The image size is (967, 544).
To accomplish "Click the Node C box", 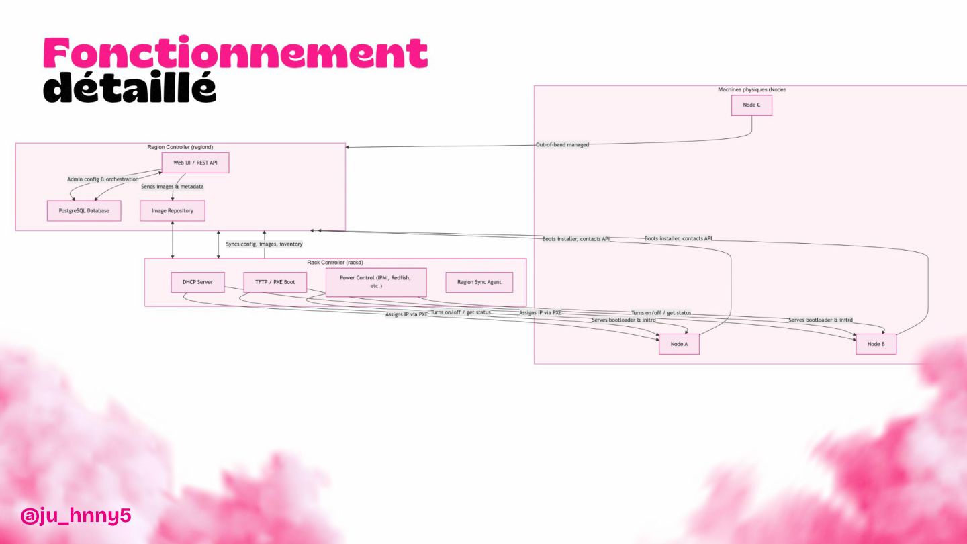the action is pos(751,105).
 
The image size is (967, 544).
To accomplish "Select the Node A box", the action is pos(679,344).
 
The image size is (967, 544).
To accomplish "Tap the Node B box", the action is pos(876,344).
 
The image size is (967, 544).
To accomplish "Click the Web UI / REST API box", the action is pos(195,163).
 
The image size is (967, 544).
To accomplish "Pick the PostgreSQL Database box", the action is pos(84,211).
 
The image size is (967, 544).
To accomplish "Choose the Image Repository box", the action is pos(173,211).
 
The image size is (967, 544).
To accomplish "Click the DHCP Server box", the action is pos(197,282).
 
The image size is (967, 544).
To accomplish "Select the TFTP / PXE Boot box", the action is pos(275,282).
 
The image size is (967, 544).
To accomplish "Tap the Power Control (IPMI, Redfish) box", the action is pos(375,282).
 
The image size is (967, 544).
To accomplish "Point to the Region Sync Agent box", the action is pos(479,282).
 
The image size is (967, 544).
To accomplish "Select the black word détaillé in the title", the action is pos(130,87).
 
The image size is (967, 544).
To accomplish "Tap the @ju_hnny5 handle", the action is pos(75,516).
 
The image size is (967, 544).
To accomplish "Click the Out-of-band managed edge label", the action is pos(562,145).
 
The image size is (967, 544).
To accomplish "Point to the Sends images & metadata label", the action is pos(173,187).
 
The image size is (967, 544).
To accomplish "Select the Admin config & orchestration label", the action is pos(103,179).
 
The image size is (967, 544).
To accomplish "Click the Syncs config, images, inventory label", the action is pos(264,244).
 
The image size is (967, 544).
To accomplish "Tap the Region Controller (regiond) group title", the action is pos(180,147).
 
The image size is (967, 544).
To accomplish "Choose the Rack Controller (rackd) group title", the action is pos(335,263).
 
